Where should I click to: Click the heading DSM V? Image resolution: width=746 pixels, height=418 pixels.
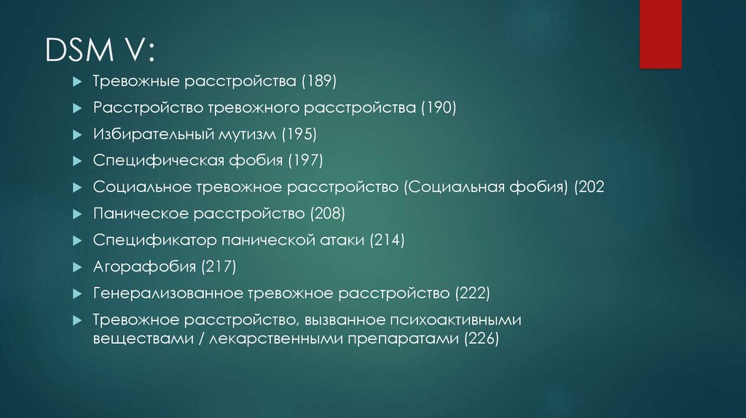pyautogui.click(x=100, y=50)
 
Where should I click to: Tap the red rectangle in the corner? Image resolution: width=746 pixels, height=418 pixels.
pyautogui.click(x=660, y=34)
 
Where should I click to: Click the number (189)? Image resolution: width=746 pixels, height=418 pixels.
pyautogui.click(x=319, y=81)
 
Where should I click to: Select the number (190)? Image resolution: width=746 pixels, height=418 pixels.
pyautogui.click(x=439, y=108)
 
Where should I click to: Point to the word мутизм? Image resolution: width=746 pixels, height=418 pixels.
pyautogui.click(x=247, y=135)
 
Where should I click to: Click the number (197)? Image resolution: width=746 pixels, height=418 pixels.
pyautogui.click(x=305, y=160)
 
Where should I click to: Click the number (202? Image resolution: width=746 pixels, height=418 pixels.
pyautogui.click(x=589, y=187)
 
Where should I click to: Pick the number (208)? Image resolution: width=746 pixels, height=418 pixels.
pyautogui.click(x=327, y=213)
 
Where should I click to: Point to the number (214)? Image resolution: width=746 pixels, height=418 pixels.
pyautogui.click(x=388, y=240)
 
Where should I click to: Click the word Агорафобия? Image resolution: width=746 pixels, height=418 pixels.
pyautogui.click(x=144, y=267)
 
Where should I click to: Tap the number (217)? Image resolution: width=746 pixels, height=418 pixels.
pyautogui.click(x=219, y=267)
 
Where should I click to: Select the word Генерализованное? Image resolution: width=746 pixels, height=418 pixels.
pyautogui.click(x=168, y=293)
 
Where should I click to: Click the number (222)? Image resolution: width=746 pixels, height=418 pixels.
pyautogui.click(x=472, y=293)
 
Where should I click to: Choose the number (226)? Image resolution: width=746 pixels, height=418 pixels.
pyautogui.click(x=482, y=339)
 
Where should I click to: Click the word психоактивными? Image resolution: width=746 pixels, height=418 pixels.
pyautogui.click(x=455, y=320)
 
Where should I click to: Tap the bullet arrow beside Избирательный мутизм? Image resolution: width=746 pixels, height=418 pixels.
pyautogui.click(x=77, y=135)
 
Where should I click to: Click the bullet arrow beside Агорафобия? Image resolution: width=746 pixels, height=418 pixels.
pyautogui.click(x=77, y=267)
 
